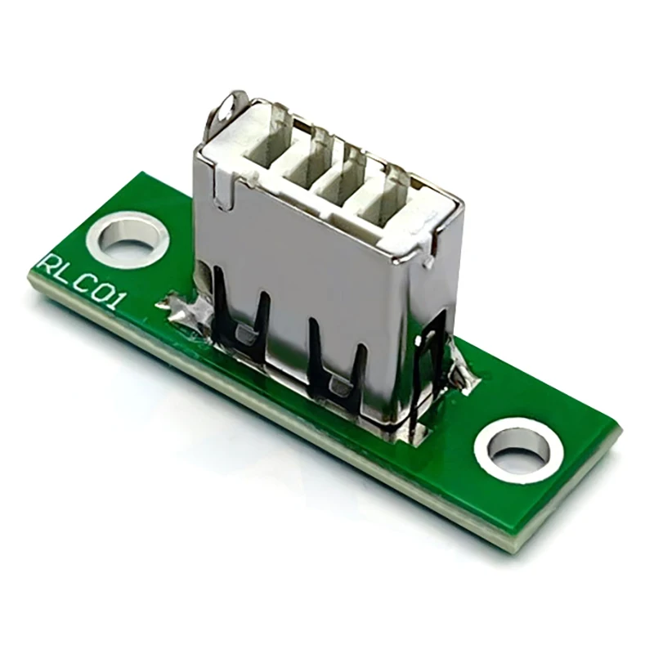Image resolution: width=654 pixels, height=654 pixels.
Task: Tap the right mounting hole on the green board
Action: point(518,449)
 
